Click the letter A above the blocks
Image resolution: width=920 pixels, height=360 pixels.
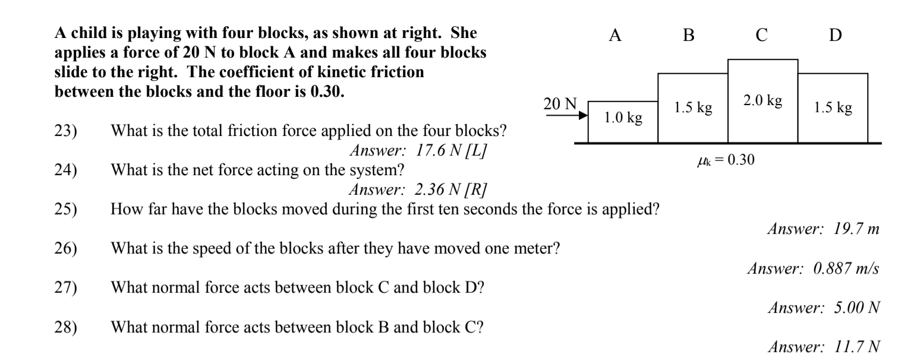[x=616, y=36]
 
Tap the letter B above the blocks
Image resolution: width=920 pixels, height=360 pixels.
[x=688, y=36]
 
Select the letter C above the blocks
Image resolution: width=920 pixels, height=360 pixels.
[x=762, y=36]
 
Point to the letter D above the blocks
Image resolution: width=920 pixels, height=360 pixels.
[x=835, y=36]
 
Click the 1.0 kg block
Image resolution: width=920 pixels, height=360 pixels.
[x=623, y=122]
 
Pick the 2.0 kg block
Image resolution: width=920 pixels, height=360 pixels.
[x=763, y=101]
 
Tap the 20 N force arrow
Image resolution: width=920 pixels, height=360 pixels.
[x=565, y=116]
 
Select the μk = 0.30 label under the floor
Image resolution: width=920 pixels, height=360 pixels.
[x=726, y=160]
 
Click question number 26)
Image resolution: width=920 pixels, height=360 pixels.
[x=65, y=248]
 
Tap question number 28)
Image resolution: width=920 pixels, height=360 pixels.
[x=65, y=327]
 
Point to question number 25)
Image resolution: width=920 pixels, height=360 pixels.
[x=65, y=210]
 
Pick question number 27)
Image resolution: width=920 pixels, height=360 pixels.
[x=65, y=288]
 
